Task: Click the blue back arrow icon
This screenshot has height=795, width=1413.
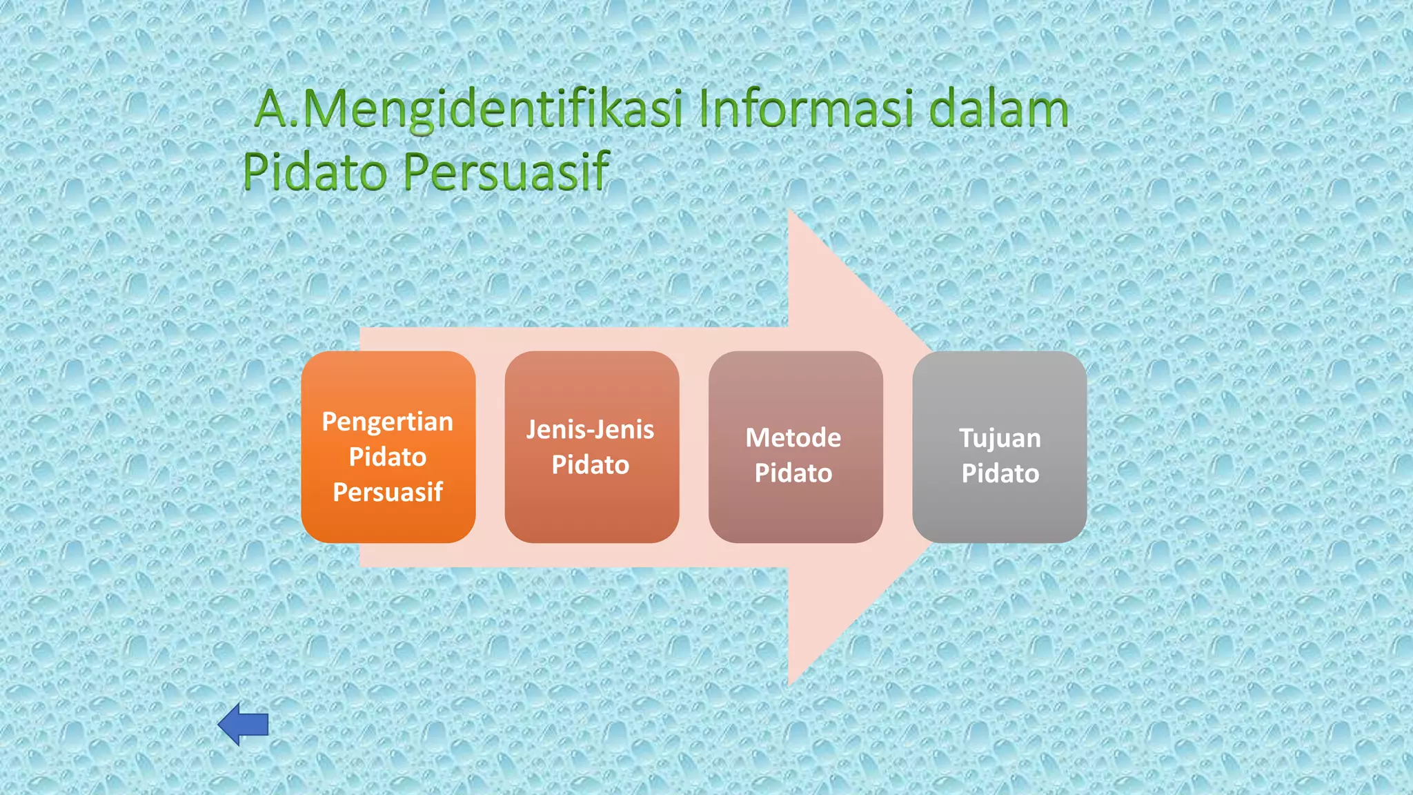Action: [x=243, y=724]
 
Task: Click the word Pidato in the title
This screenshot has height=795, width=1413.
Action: [x=315, y=171]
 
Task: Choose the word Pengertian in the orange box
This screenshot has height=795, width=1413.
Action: [x=388, y=421]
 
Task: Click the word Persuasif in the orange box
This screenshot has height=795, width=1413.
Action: [x=388, y=492]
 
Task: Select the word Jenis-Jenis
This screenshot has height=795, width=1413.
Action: [x=591, y=429]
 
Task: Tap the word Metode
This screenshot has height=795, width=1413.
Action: [x=793, y=438]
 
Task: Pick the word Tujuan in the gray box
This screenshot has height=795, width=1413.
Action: [x=1000, y=438]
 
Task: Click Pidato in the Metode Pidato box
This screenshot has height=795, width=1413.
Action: [x=793, y=473]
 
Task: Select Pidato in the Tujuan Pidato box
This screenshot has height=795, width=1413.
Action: [x=1000, y=473]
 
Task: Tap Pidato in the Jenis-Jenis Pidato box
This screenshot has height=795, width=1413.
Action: [x=591, y=464]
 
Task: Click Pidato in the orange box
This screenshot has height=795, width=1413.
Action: [x=388, y=457]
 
